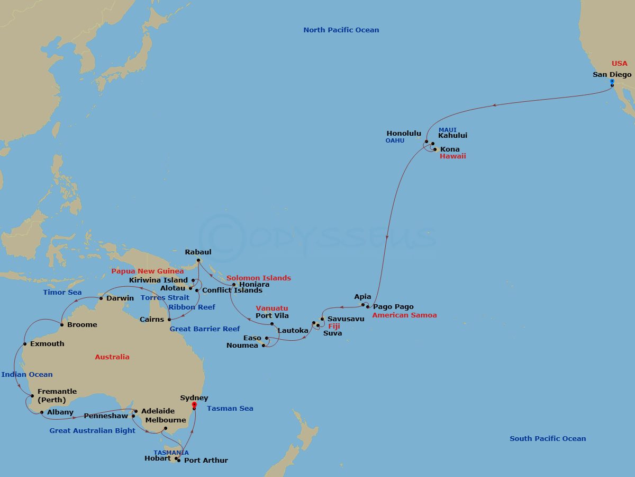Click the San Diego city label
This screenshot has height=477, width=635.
coord(612,75)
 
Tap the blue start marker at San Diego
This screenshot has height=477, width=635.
coord(612,82)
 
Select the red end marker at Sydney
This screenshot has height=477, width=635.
coord(194,405)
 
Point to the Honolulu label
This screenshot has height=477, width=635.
coord(404,134)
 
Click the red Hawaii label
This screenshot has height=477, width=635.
coord(453,157)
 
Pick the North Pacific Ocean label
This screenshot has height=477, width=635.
coord(341,30)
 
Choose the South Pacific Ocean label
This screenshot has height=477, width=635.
coord(548,439)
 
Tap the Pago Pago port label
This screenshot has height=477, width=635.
coord(393,307)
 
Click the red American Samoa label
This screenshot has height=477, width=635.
coord(404,315)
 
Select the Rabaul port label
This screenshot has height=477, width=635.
coord(198,252)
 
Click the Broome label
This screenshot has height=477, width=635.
coord(82,325)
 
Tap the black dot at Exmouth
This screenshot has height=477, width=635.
coord(24,344)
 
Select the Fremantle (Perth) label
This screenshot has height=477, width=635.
coord(57,395)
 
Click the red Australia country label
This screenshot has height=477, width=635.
coord(112,357)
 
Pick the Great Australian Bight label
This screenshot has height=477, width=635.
coord(92,431)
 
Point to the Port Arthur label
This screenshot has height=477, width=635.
coord(206,461)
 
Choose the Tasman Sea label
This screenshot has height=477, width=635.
coord(230,409)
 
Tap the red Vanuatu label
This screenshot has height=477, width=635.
coord(271,308)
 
